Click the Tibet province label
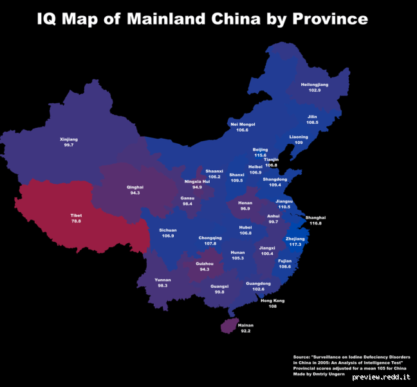(76, 215)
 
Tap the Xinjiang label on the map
(68, 139)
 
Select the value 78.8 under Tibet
(76, 221)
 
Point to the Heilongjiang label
(314, 84)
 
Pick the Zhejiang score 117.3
(295, 244)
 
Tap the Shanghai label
(315, 217)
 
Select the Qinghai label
(135, 186)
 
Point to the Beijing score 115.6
(260, 155)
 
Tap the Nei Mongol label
(243, 124)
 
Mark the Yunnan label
(162, 279)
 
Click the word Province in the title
(329, 19)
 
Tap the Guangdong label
(258, 283)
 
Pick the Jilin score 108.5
(312, 122)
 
